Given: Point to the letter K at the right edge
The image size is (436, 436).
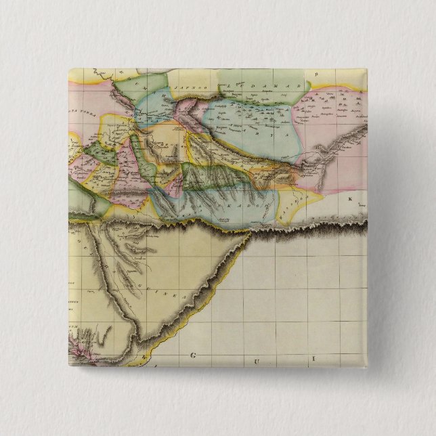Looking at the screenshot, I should (x=351, y=199).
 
